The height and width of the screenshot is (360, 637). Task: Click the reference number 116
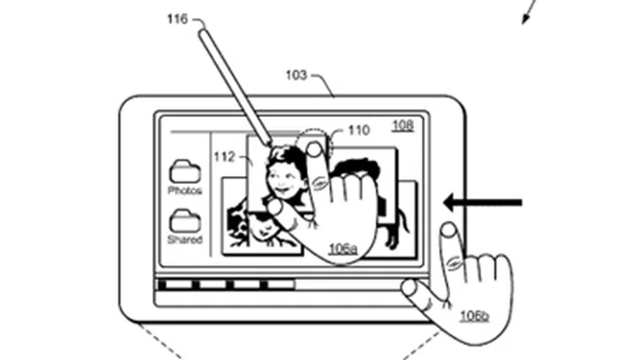point(178,19)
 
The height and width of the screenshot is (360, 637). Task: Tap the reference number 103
point(296,75)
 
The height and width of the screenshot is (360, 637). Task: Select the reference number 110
point(359,130)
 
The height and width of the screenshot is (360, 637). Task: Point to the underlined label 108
point(403,126)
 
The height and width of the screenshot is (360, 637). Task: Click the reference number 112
point(224,157)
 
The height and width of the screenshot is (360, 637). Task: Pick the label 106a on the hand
point(343,249)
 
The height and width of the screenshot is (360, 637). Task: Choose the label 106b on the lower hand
point(474,316)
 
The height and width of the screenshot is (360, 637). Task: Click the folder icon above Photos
point(185,172)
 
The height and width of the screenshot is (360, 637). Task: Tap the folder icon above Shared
point(185,221)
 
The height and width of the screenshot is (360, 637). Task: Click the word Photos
point(185,190)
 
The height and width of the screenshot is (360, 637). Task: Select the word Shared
point(185,240)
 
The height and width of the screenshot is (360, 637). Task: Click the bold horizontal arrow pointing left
point(483,203)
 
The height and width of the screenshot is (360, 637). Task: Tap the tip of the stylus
point(270,144)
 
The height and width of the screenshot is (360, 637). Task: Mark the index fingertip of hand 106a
point(313,149)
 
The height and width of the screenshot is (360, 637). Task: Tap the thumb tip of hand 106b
point(409,287)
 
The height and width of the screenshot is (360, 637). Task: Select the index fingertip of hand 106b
point(449,230)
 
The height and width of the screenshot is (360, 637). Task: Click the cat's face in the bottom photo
point(260,230)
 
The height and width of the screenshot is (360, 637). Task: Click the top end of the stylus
point(203,32)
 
